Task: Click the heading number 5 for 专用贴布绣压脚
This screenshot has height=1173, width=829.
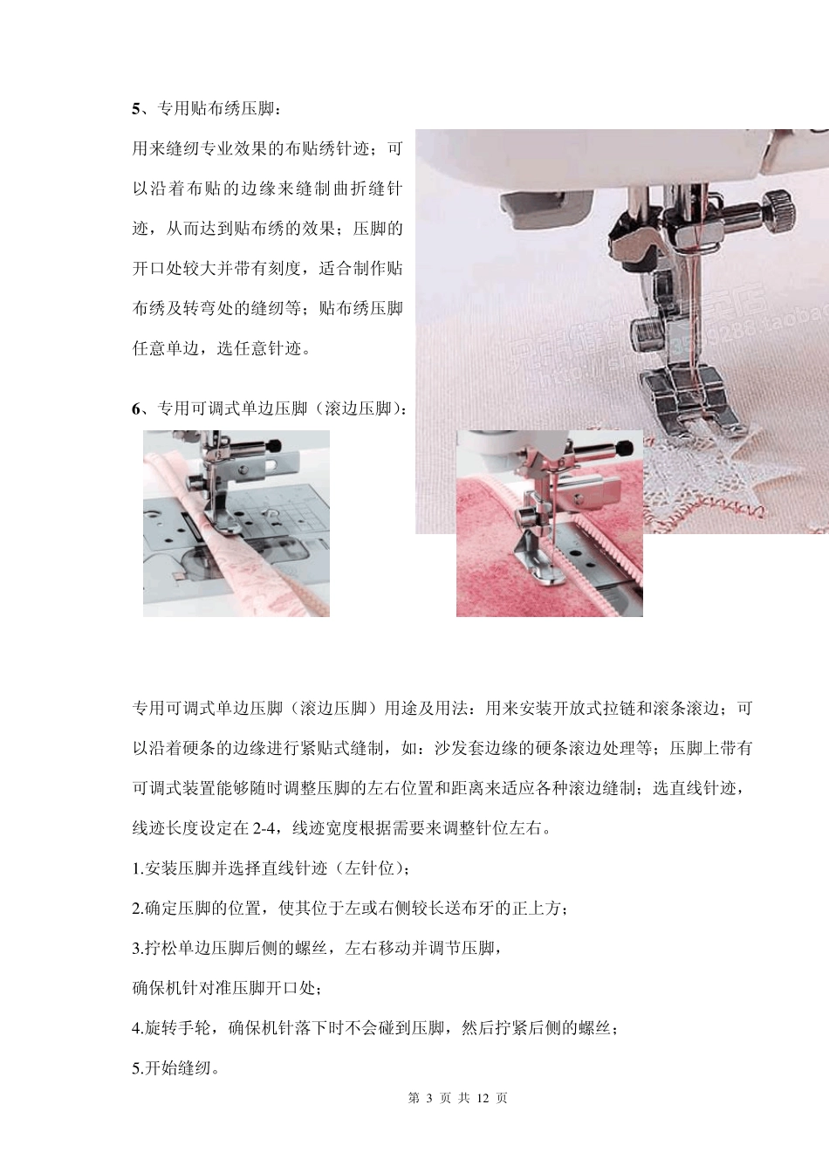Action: coord(135,109)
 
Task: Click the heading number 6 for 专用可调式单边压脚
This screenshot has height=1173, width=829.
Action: coord(135,408)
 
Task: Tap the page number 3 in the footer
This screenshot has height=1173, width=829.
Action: coord(428,1098)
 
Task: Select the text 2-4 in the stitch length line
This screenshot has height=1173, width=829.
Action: coord(265,828)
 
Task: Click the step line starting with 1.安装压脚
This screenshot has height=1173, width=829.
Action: coord(271,868)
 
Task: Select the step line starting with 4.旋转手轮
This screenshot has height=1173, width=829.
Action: coord(376,1029)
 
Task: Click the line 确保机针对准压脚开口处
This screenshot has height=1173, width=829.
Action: coord(228,989)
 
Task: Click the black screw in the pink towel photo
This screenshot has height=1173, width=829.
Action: coord(623,449)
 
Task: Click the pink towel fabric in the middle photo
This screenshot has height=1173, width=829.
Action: coord(489,567)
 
